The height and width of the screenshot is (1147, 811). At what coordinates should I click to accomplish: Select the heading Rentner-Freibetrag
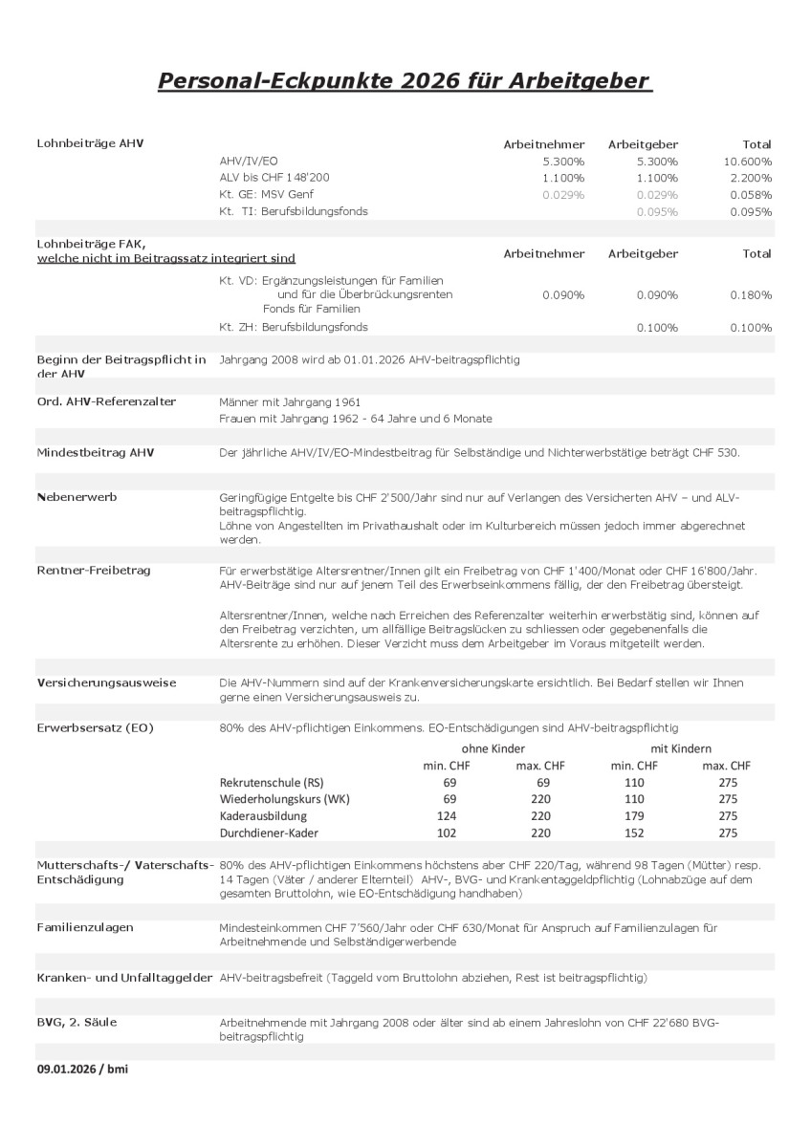(93, 570)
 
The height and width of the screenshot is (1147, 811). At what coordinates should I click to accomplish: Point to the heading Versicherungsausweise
(105, 682)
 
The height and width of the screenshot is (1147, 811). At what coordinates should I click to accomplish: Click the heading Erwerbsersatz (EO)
(95, 728)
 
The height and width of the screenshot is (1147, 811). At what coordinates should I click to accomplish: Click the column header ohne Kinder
(493, 748)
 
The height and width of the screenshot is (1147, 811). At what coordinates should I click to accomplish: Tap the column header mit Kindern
(681, 748)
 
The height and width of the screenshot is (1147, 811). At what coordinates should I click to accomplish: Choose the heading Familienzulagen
(84, 927)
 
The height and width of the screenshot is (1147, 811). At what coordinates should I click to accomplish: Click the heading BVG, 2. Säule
(77, 1022)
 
